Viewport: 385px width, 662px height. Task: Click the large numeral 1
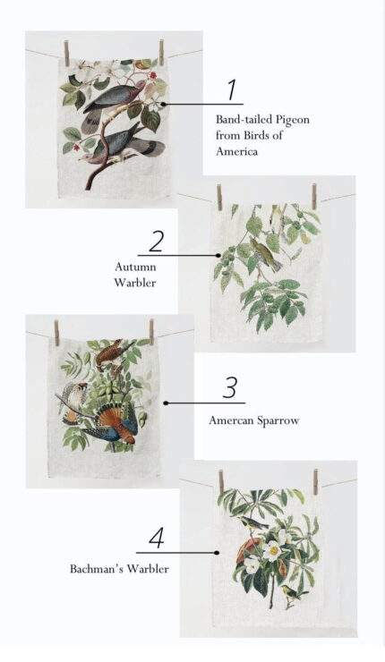(x=232, y=89)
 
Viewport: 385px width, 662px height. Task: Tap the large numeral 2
(x=156, y=242)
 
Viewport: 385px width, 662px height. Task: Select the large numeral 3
(x=230, y=387)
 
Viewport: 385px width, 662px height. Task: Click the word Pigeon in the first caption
(x=293, y=120)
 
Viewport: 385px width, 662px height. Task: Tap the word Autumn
(x=136, y=267)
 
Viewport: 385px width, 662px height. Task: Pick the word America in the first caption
(x=236, y=151)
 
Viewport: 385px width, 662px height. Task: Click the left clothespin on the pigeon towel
(x=66, y=54)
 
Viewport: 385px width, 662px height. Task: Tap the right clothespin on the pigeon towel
(x=161, y=53)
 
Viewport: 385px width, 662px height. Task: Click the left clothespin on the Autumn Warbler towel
(x=219, y=197)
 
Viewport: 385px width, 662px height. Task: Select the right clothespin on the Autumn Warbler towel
(x=314, y=196)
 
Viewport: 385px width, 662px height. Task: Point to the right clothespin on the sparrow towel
(x=151, y=332)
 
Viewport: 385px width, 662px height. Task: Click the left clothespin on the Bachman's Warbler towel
(x=220, y=482)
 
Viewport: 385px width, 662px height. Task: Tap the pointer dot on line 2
(x=218, y=256)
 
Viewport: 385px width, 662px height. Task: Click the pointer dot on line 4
(x=217, y=553)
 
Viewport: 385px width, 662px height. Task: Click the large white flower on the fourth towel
(x=272, y=550)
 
